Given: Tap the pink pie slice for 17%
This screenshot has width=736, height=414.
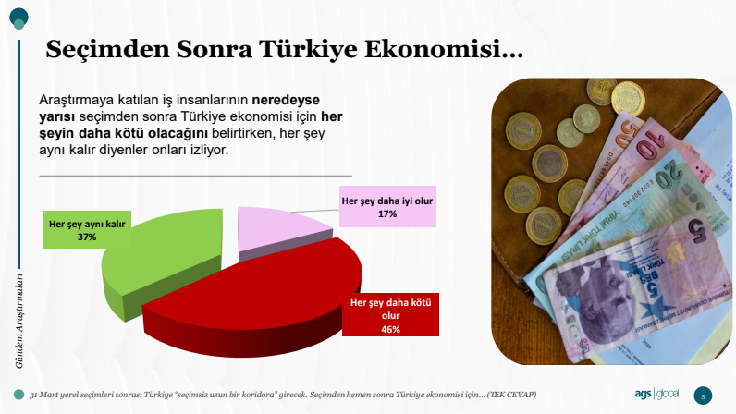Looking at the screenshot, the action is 282,232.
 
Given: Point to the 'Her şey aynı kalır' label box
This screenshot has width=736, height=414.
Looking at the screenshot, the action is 87,229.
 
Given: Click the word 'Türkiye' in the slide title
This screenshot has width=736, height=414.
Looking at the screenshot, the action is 308,49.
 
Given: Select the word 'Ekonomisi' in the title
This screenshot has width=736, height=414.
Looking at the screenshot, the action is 444,49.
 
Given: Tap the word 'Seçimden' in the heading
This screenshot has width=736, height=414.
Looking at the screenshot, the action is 107,49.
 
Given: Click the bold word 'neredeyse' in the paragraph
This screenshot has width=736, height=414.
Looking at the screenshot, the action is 286,100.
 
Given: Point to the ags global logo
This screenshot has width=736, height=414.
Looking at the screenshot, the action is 656,394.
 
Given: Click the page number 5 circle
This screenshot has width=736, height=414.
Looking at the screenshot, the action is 703,396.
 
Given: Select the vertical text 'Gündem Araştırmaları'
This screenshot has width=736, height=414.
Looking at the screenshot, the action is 18,321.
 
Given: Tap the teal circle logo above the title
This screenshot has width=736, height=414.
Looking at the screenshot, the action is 18,18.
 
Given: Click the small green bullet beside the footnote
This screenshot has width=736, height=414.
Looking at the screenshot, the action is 18,395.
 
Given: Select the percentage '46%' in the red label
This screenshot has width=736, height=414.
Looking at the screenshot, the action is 390,329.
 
